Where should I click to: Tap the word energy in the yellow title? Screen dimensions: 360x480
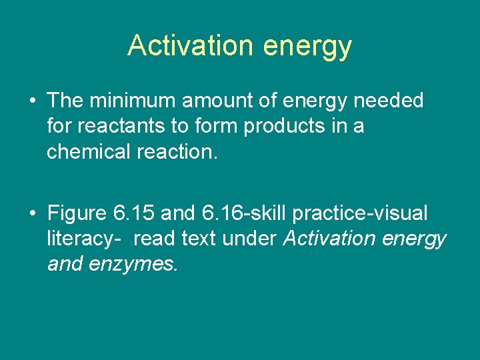pos(307,47)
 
